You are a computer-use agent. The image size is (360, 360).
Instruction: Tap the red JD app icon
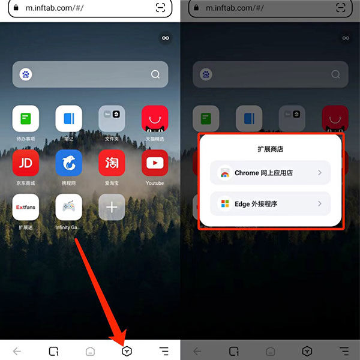(x=25, y=163)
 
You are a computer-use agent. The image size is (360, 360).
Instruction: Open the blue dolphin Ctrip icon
(x=68, y=163)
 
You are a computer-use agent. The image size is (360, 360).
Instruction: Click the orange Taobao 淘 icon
(x=112, y=163)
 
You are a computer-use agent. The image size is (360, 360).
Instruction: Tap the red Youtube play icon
(x=155, y=163)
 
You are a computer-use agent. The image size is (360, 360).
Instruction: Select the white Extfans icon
(x=25, y=208)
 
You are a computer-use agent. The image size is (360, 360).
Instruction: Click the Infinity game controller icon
(x=68, y=208)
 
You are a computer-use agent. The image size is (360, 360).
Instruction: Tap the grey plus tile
(x=112, y=208)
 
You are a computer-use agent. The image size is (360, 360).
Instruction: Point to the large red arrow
(x=99, y=288)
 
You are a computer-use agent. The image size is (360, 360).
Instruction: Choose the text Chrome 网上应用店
(x=263, y=173)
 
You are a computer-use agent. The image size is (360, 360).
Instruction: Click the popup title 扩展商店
(x=271, y=148)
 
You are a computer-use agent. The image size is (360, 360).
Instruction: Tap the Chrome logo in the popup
(x=224, y=173)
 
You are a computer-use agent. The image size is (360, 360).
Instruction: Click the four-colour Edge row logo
(x=224, y=204)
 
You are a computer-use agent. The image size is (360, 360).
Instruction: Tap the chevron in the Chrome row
(x=320, y=173)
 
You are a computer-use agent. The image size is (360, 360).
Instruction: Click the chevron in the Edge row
(x=320, y=204)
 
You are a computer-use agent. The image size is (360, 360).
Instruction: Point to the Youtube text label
(x=155, y=183)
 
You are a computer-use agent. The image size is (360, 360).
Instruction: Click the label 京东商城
(x=25, y=183)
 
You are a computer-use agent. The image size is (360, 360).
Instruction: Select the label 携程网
(x=68, y=183)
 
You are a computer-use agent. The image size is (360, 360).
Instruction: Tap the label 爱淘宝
(x=112, y=183)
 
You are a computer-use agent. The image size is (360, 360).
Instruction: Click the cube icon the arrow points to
(x=127, y=351)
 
